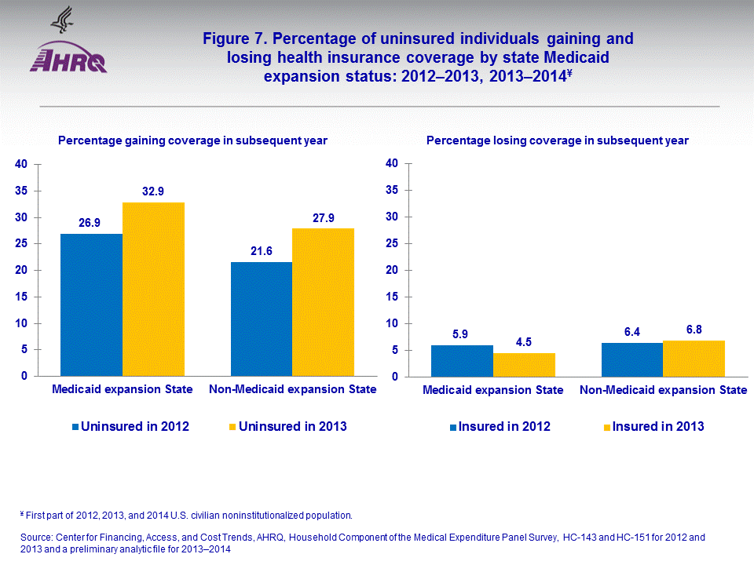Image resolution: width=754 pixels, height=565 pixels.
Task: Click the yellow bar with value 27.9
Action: pos(323,302)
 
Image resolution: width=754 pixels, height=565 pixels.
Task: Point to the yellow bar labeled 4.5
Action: pos(524,364)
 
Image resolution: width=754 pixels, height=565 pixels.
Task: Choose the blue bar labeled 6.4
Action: pos(632,359)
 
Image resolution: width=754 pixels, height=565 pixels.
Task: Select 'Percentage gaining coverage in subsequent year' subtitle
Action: pos(192,140)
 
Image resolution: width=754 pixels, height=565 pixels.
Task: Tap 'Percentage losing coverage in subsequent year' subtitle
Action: pos(557,140)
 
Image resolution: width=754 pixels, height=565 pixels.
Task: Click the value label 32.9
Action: pos(153,191)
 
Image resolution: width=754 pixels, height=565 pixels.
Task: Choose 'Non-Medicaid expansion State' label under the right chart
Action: pos(663,390)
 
